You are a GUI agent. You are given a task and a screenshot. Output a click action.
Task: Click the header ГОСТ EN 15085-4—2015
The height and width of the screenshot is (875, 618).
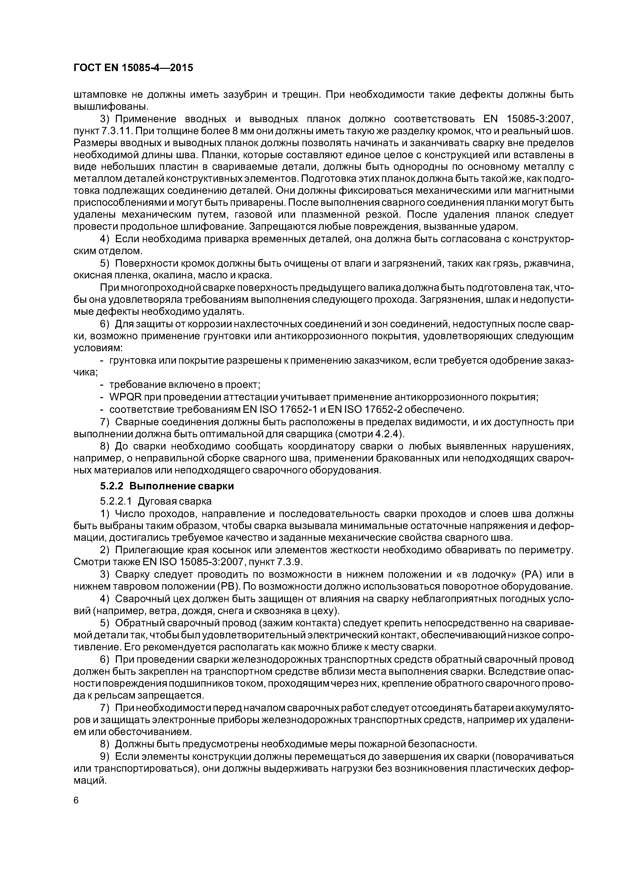[133, 68]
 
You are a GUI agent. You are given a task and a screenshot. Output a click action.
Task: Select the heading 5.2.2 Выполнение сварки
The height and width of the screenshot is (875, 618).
[167, 486]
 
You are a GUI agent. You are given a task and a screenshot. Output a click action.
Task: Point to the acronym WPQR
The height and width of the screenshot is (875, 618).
[125, 398]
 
